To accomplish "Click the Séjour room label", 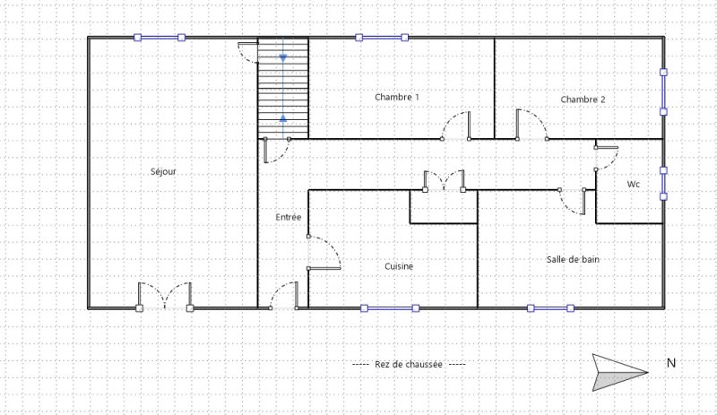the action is [x=163, y=171].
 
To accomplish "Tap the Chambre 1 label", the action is [x=397, y=97].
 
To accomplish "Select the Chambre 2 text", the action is [x=583, y=99].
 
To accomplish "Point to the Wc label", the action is [x=634, y=184].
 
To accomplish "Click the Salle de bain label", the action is [x=573, y=259].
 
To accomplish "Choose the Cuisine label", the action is [x=399, y=266].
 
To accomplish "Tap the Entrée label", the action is [x=289, y=217].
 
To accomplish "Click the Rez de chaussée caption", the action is [x=409, y=365].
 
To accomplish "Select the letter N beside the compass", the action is [x=671, y=363].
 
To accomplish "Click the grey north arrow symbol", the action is [x=619, y=373].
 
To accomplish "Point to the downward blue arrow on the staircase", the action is [x=283, y=58].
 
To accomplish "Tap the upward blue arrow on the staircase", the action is [x=283, y=118].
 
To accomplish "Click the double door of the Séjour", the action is [x=165, y=296].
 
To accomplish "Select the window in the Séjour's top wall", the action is [x=160, y=38].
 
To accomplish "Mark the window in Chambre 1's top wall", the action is [x=382, y=38].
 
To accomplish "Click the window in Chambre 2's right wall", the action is [x=663, y=92].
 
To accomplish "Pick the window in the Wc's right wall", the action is [x=663, y=184].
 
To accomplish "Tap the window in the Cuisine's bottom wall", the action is [x=390, y=308].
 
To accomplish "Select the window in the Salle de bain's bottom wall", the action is [x=550, y=308].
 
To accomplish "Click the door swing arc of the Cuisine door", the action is [x=333, y=247].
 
